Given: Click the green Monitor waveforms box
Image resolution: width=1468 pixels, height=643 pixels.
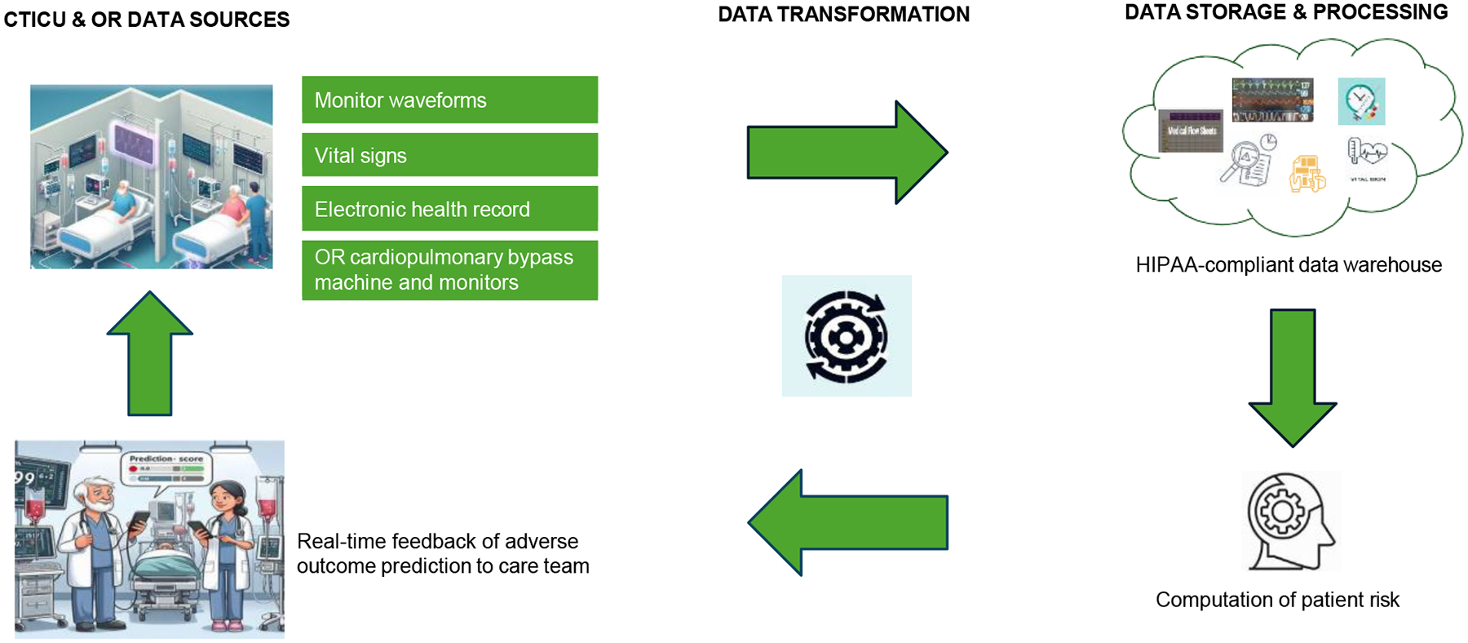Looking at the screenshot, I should (449, 100).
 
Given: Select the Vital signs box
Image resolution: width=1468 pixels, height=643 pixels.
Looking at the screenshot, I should (449, 155).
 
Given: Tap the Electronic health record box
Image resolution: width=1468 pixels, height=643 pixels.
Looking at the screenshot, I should (449, 209).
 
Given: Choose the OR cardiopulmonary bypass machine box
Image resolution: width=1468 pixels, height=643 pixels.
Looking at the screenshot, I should (449, 270).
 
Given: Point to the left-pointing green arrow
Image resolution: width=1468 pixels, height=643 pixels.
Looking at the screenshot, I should (848, 523).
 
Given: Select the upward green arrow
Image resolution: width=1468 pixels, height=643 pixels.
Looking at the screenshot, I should (150, 354).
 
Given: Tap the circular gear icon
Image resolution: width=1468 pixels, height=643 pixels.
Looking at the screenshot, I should (847, 336).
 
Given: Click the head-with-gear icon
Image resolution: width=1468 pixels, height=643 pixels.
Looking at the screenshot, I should (1291, 521).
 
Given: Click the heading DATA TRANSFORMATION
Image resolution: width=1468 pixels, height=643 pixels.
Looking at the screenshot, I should (843, 15).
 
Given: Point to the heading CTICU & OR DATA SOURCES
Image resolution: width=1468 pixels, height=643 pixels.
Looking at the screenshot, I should (147, 20).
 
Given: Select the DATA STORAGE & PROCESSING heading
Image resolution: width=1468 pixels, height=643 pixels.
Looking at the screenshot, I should (1286, 12).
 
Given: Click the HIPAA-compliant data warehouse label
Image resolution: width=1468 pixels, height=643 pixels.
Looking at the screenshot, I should (1289, 265).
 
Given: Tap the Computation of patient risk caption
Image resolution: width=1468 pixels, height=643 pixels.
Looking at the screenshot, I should (1277, 600).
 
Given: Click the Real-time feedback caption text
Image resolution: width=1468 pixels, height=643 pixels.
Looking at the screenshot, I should (443, 553).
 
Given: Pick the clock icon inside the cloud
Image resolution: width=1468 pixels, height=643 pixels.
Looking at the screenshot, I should (1361, 101).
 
